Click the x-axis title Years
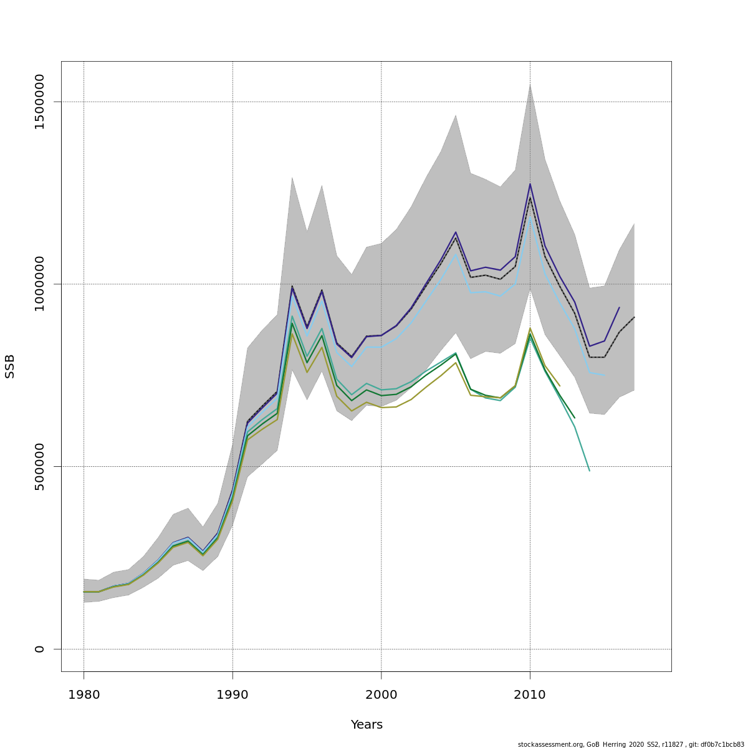(367, 725)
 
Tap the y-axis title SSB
(10, 366)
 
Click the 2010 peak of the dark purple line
(530, 183)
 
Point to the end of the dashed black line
(634, 317)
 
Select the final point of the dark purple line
(619, 307)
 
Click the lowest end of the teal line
(590, 471)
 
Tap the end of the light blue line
(604, 375)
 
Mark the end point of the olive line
(560, 386)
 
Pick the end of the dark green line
(575, 418)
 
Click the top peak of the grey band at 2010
(530, 84)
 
